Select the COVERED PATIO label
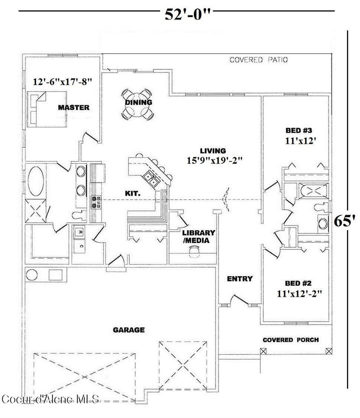coord(258,60)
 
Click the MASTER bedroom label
coord(73,107)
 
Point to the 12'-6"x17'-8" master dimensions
coord(63,81)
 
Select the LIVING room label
coord(213,150)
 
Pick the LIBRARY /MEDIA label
coord(198,237)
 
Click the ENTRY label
coord(239,279)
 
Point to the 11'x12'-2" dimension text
coord(298,294)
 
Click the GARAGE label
coord(128,330)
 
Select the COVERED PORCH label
coord(290,340)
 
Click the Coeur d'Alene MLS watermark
coord(51,399)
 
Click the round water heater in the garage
coord(33,275)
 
